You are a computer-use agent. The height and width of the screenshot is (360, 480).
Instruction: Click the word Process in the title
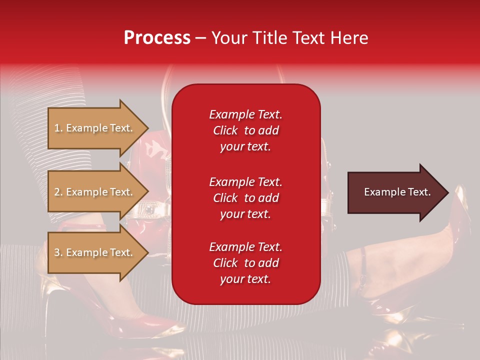[x=157, y=38]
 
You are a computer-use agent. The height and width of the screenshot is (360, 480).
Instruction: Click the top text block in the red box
[x=245, y=130]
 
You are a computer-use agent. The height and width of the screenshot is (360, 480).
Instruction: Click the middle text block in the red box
[x=245, y=197]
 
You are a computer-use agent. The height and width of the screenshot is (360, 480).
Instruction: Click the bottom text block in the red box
[x=245, y=263]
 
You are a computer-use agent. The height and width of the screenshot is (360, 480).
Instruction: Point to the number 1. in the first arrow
[x=58, y=128]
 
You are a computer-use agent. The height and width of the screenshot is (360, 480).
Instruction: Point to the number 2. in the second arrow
[x=58, y=192]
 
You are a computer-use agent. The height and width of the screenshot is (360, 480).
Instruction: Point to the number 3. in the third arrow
[x=58, y=252]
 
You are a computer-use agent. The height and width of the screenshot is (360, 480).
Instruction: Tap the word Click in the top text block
[x=225, y=130]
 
